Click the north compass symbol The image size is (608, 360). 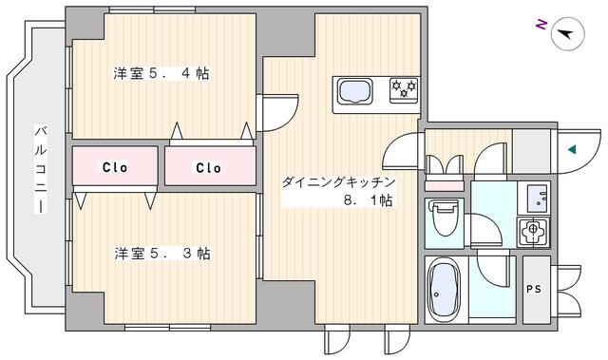point(568,32)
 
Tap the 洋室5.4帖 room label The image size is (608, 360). point(162,73)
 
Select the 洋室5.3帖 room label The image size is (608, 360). point(162,254)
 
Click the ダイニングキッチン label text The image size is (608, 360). point(337,181)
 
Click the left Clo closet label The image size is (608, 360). point(115,167)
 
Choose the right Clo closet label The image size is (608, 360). point(208,167)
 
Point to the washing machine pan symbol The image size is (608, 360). point(534,230)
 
